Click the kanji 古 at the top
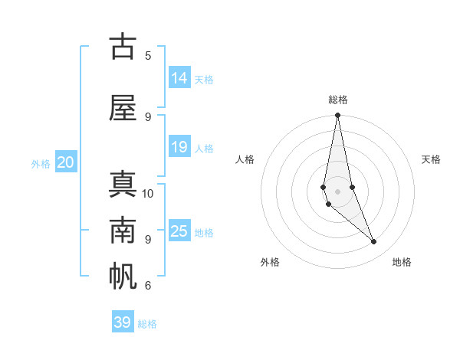tap(123, 47)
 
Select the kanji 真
tap(123, 185)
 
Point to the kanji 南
tap(123, 231)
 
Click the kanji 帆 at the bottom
tap(123, 277)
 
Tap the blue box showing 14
tap(179, 78)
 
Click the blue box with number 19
tap(179, 147)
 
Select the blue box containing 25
tap(179, 231)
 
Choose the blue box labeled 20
tap(66, 162)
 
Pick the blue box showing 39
tap(123, 322)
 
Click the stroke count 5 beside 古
tap(148, 55)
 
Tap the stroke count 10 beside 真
tap(148, 193)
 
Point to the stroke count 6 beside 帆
tap(148, 286)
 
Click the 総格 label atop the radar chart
tap(338, 100)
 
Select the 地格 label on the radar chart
tap(402, 262)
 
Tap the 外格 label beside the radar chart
tap(270, 262)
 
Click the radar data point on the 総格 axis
tap(337, 116)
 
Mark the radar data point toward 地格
tap(374, 242)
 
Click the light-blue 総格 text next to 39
tap(147, 324)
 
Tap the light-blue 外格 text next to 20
tap(41, 164)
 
